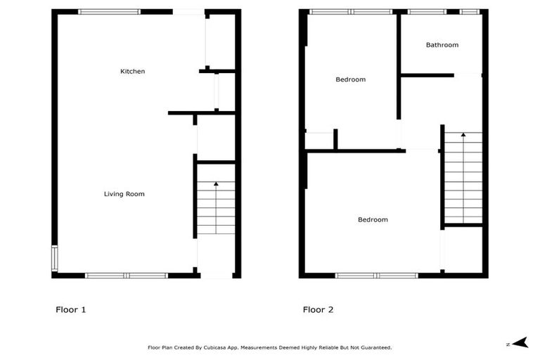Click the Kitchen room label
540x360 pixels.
pyautogui.click(x=132, y=71)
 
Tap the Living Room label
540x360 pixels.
pyautogui.click(x=124, y=193)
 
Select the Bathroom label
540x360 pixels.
pyautogui.click(x=442, y=45)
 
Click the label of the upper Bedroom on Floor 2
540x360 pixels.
pyautogui.click(x=350, y=79)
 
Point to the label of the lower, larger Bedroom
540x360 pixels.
pyautogui.click(x=373, y=219)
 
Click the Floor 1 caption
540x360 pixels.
pyautogui.click(x=70, y=309)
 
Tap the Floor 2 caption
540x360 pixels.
pyautogui.click(x=318, y=309)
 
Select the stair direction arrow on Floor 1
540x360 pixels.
pyautogui.click(x=216, y=184)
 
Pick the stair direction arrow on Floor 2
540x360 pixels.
pyautogui.click(x=463, y=135)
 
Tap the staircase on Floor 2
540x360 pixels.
pyautogui.click(x=463, y=179)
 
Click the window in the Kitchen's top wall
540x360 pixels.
pyautogui.click(x=109, y=12)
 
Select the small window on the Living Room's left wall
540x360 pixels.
pyautogui.click(x=55, y=257)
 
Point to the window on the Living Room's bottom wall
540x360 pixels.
pyautogui.click(x=126, y=275)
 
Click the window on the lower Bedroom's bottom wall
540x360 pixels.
pyautogui.click(x=377, y=275)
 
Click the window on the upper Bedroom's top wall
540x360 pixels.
pyautogui.click(x=351, y=12)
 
